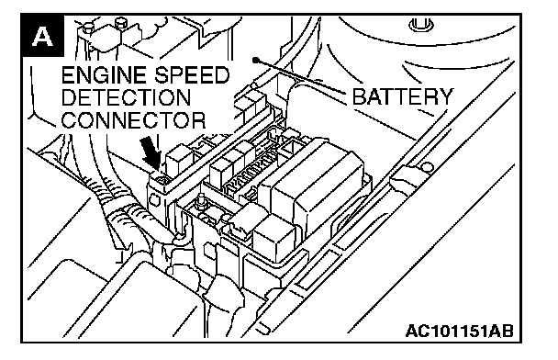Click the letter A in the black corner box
[x=43, y=37]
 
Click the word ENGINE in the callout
[x=104, y=75]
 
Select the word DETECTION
[x=126, y=97]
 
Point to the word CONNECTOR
[x=133, y=120]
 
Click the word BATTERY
[x=403, y=96]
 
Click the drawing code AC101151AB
[x=460, y=331]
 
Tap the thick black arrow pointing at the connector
[x=151, y=153]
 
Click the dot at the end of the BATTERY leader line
[x=255, y=61]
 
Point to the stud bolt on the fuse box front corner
[x=201, y=202]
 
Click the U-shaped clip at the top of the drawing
[x=420, y=26]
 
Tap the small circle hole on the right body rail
[x=428, y=167]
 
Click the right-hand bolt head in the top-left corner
[x=121, y=23]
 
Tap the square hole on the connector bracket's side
[x=155, y=200]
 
